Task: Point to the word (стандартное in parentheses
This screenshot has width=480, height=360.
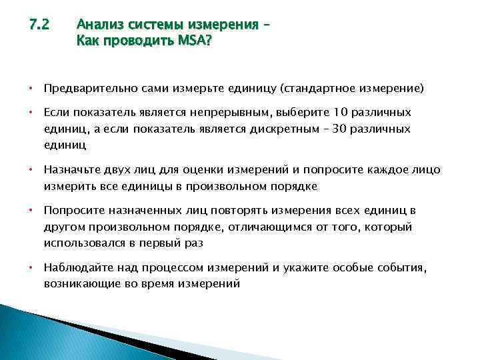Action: pyautogui.click(x=317, y=88)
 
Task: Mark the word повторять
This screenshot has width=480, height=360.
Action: pyautogui.click(x=206, y=211)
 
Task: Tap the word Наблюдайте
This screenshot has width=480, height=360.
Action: pyautogui.click(x=75, y=267)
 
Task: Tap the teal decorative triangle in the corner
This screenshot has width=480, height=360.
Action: pyautogui.click(x=40, y=337)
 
